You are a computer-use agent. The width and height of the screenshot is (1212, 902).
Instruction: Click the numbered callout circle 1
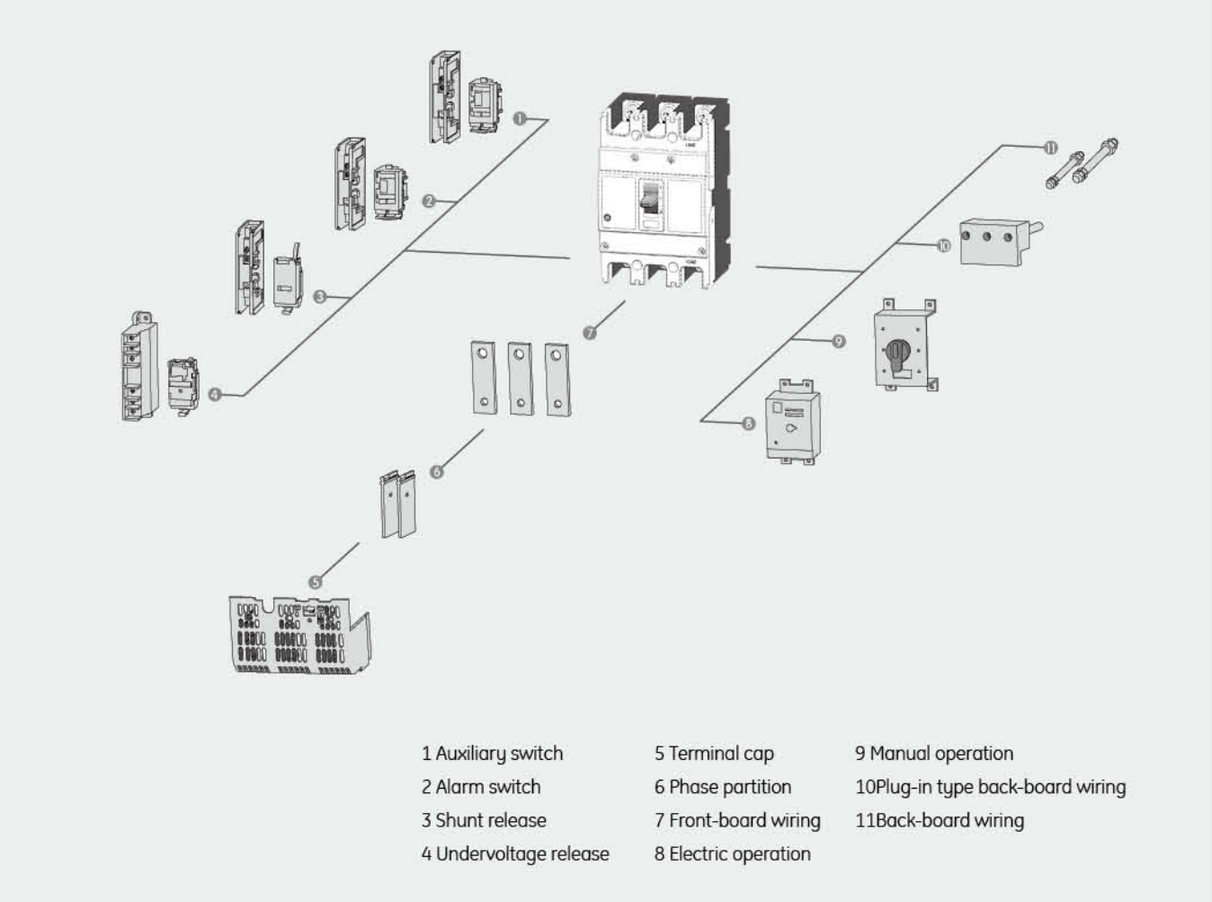[x=520, y=119]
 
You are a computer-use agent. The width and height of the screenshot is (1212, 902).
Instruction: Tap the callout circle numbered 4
[x=215, y=394]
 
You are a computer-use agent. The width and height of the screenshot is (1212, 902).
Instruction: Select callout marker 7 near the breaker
[x=590, y=333]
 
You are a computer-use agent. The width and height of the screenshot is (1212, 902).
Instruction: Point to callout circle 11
[x=1050, y=147]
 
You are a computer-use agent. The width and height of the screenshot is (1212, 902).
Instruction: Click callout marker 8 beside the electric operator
[x=749, y=423]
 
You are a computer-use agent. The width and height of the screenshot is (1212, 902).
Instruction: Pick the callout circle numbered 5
[x=315, y=582]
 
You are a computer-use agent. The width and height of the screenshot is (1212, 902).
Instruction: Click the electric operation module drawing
[x=791, y=423]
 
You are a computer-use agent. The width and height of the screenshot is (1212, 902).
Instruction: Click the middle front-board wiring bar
[x=520, y=378]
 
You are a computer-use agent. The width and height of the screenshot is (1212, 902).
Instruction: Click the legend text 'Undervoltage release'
[x=522, y=853]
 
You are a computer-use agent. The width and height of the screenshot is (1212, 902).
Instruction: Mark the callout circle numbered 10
[x=943, y=245]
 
